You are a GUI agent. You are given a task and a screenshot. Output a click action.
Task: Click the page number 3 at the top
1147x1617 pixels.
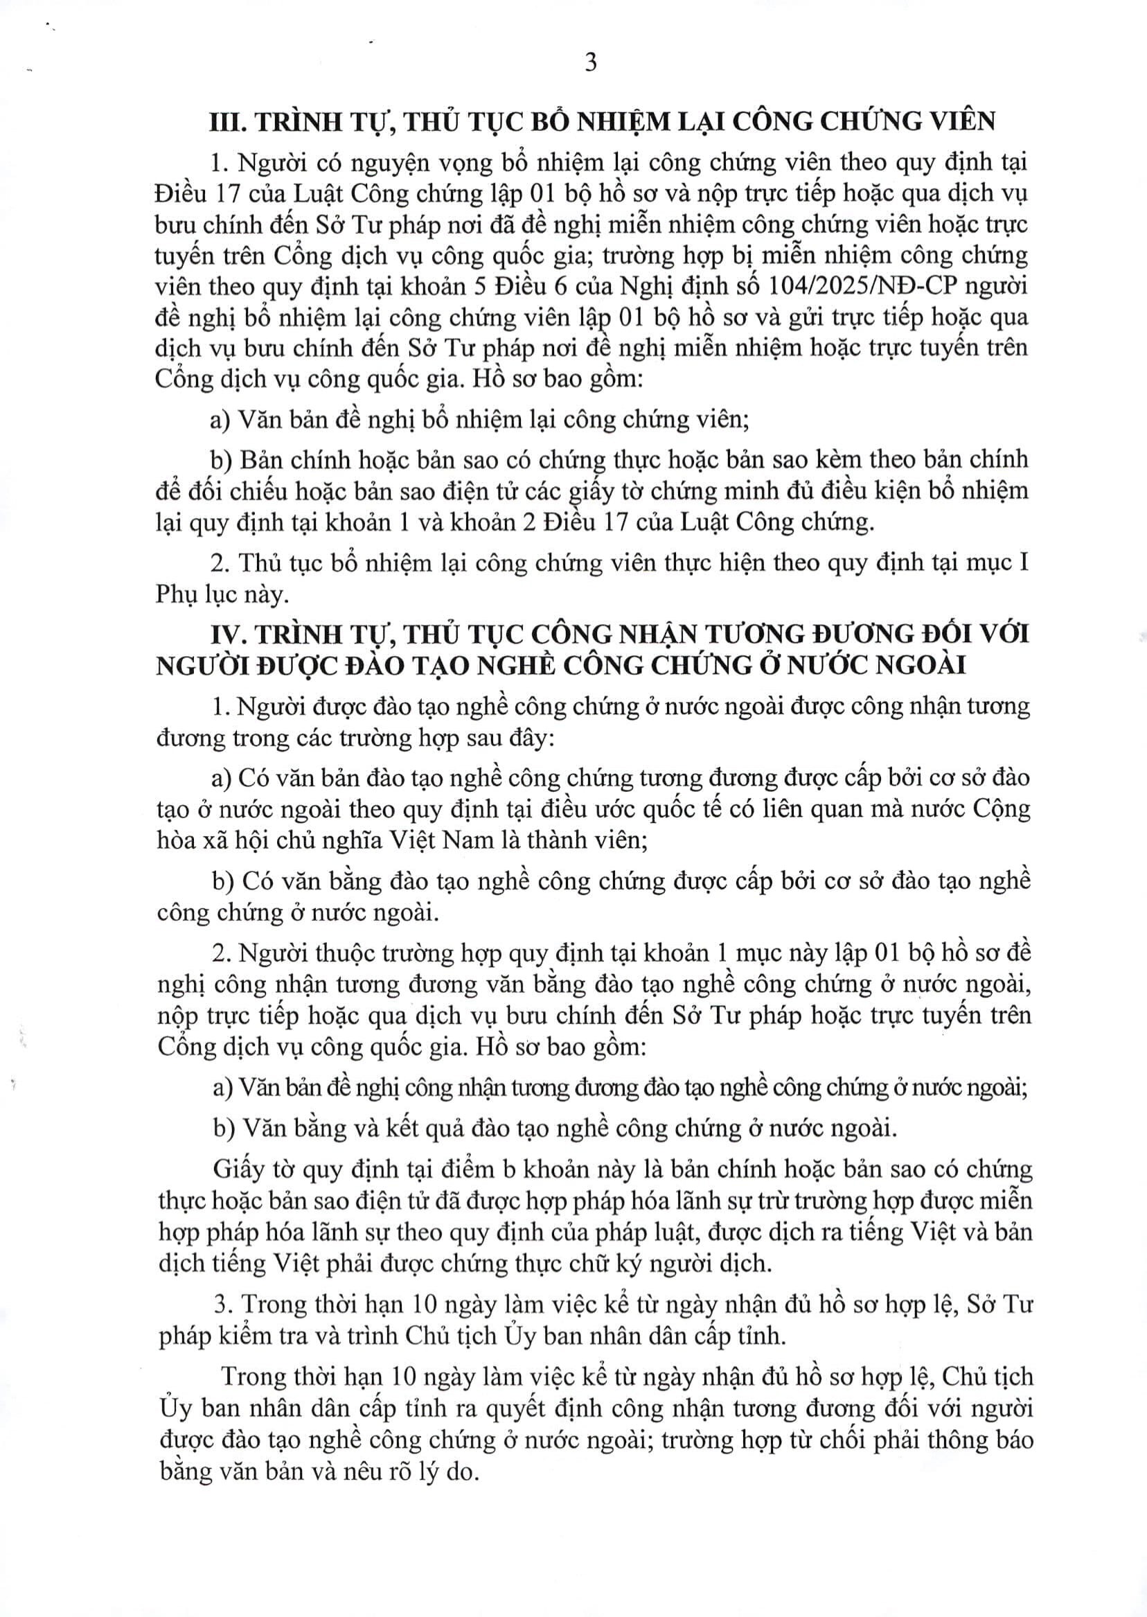(x=590, y=63)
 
